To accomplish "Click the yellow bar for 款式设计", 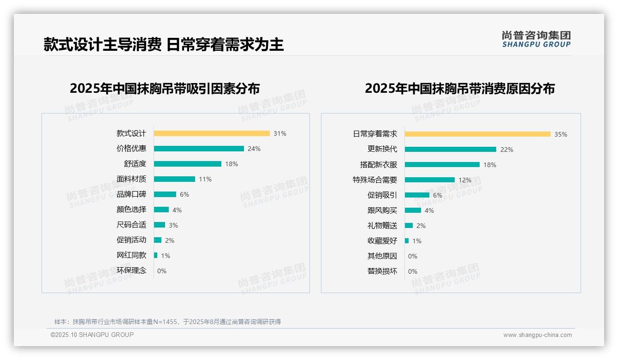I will pyautogui.click(x=212, y=133).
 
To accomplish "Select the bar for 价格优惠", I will pyautogui.click(x=199, y=149).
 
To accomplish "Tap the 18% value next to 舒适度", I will pyautogui.click(x=231, y=164).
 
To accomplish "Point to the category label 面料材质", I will pyautogui.click(x=131, y=179).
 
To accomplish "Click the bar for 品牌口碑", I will pyautogui.click(x=165, y=194).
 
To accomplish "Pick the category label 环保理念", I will pyautogui.click(x=131, y=270).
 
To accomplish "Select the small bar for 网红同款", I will pyautogui.click(x=156, y=255).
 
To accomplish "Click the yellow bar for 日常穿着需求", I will pyautogui.click(x=478, y=134).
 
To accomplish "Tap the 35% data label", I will pyautogui.click(x=560, y=134).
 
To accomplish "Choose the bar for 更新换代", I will pyautogui.click(x=451, y=150).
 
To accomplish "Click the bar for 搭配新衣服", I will pyautogui.click(x=442, y=165).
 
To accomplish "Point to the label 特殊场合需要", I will pyautogui.click(x=375, y=180).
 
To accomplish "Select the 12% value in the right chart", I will pyautogui.click(x=464, y=180).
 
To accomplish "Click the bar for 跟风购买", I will pyautogui.click(x=413, y=210).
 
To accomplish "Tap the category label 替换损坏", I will pyautogui.click(x=382, y=271).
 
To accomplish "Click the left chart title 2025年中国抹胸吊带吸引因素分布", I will pyautogui.click(x=165, y=89).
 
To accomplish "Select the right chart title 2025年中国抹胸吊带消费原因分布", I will pyautogui.click(x=460, y=89).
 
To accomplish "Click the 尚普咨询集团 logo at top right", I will pyautogui.click(x=536, y=39).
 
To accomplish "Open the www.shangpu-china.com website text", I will pyautogui.click(x=537, y=335).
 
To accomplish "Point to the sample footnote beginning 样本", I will pyautogui.click(x=167, y=322).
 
